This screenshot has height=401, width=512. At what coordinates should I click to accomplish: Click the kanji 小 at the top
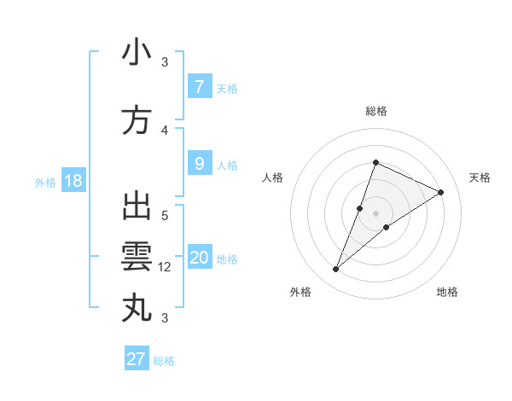137,53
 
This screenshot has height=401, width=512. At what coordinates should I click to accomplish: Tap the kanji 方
137,120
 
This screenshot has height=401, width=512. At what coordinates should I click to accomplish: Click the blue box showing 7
199,87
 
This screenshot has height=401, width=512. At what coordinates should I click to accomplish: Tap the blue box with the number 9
199,164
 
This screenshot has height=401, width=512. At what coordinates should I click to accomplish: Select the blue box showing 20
199,258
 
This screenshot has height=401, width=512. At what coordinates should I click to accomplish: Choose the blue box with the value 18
73,181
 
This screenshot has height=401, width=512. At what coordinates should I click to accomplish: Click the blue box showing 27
136,359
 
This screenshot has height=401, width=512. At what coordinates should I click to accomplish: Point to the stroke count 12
165,267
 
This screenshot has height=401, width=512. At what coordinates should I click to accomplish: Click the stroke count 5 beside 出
165,215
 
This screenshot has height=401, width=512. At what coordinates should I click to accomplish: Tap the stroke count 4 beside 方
165,130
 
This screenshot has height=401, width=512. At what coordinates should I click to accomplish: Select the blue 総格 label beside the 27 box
164,361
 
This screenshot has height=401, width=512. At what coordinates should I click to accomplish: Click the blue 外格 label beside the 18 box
44,183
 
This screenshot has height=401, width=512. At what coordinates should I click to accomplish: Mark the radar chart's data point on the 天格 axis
440,192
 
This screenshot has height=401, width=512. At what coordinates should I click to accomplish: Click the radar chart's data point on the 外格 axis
336,270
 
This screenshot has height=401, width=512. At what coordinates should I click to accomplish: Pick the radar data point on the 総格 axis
375,163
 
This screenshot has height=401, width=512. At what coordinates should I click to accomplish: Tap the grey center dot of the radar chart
375,213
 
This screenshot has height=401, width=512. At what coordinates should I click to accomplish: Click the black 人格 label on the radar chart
273,177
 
